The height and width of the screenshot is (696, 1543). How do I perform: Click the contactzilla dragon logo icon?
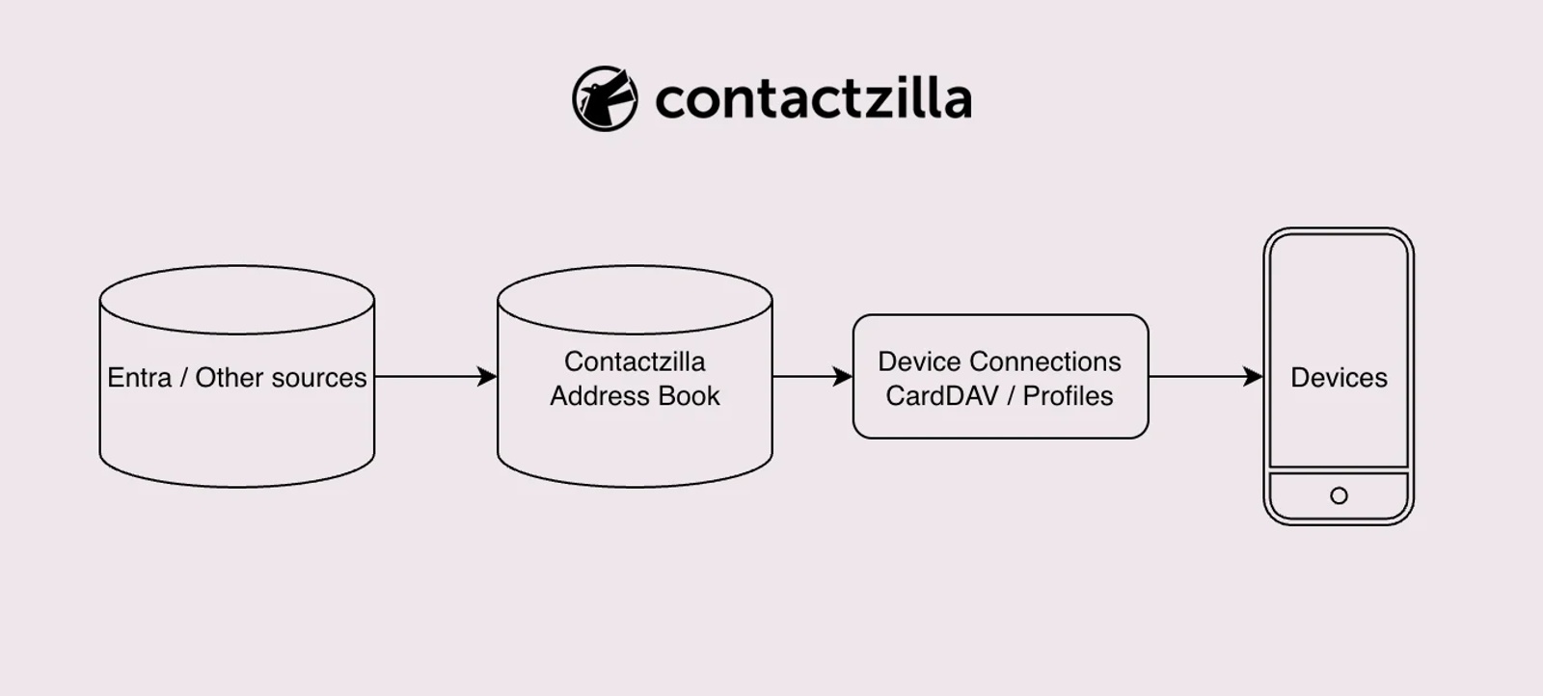pyautogui.click(x=605, y=98)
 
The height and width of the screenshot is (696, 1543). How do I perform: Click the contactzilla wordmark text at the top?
pyautogui.click(x=813, y=99)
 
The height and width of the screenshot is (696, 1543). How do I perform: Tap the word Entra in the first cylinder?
pyautogui.click(x=139, y=378)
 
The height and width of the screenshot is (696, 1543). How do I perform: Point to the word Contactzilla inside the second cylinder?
pyautogui.click(x=635, y=361)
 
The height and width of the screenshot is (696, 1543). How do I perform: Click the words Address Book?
pyautogui.click(x=635, y=396)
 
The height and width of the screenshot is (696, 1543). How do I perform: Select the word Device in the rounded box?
pyautogui.click(x=919, y=361)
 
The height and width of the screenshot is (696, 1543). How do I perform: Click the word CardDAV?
pyautogui.click(x=941, y=396)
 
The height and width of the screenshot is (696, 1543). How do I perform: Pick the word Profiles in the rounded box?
pyautogui.click(x=1068, y=396)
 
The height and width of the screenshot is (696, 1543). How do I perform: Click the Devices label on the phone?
pyautogui.click(x=1339, y=378)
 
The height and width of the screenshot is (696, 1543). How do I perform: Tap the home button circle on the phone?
pyautogui.click(x=1339, y=495)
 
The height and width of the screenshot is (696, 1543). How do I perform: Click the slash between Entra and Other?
pyautogui.click(x=183, y=378)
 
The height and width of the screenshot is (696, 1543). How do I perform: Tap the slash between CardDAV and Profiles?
pyautogui.click(x=1011, y=396)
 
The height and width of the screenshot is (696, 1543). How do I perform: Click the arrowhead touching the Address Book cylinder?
pyautogui.click(x=488, y=377)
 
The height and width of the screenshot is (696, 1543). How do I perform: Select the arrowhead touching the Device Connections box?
pyautogui.click(x=844, y=377)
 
